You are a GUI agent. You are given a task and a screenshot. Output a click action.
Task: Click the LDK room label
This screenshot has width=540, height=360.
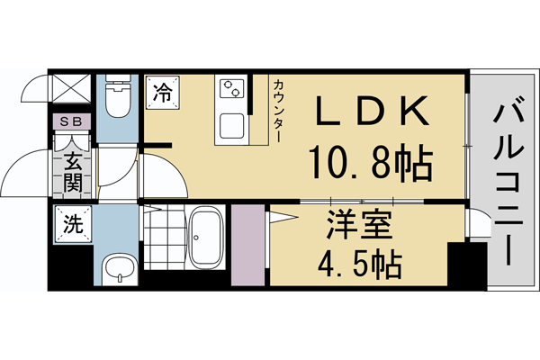[370, 112]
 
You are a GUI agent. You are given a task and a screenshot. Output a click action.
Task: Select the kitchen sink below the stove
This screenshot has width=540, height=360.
[231, 125]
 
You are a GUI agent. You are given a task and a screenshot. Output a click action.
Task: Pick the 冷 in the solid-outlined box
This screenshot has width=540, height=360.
[163, 91]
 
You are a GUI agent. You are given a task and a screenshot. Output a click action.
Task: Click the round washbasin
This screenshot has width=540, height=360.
[117, 267]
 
